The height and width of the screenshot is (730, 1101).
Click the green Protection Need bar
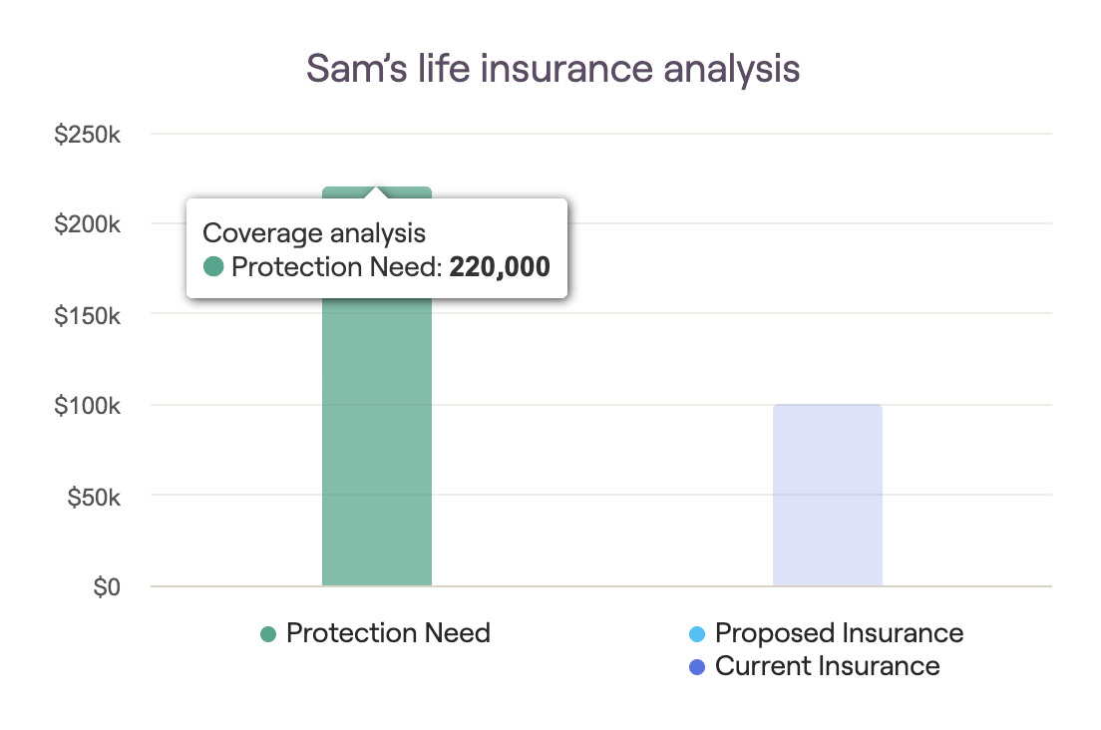pos(376,442)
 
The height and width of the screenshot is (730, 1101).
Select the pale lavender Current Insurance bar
pos(827,495)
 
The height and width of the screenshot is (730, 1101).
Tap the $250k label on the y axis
pos(87,134)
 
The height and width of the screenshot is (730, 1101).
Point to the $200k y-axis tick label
pos(87,224)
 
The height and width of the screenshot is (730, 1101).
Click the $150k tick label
pos(87,316)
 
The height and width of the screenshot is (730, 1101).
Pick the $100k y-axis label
pos(87,406)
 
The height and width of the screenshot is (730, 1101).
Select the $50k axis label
pos(94,497)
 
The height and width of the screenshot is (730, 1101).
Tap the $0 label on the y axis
pos(107,586)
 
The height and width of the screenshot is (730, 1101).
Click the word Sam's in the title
pos(357,69)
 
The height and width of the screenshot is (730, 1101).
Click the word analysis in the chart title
pos(732,70)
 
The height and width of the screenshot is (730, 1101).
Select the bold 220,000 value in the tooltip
pos(500,266)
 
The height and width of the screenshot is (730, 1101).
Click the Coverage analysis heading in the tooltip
pos(314,233)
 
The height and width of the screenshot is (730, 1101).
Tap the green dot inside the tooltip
pos(213,266)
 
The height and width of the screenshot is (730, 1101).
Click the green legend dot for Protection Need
pos(268,634)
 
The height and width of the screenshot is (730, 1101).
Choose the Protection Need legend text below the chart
pos(388,633)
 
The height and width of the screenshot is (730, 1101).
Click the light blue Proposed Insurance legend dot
pos(697,634)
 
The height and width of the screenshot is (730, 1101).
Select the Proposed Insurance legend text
pos(839,633)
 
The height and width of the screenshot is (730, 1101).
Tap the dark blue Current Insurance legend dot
pos(697,667)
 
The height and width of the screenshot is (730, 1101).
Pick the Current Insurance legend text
pos(827,665)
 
